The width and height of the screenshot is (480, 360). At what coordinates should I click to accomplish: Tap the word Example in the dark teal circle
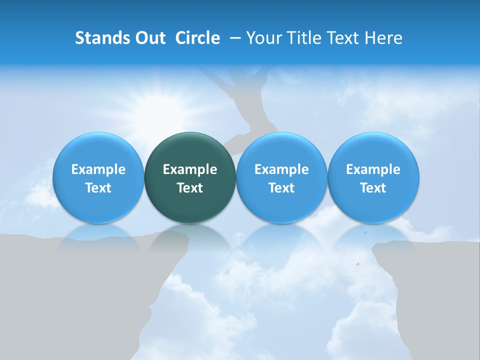pyautogui.click(x=190, y=169)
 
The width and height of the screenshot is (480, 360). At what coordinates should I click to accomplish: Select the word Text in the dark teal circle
pyautogui.click(x=190, y=188)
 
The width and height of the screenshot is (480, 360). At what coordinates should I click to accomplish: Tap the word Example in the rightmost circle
pyautogui.click(x=373, y=169)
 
